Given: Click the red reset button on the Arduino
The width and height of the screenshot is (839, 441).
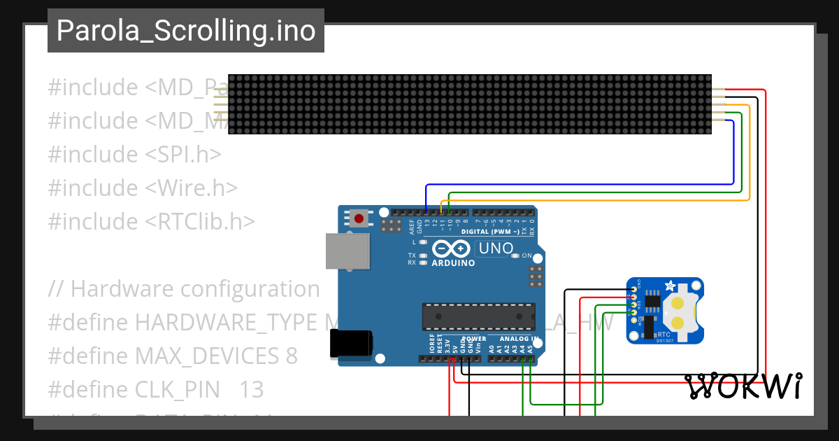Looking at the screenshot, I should (359, 218).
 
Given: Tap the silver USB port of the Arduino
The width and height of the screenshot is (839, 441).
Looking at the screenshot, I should (347, 251).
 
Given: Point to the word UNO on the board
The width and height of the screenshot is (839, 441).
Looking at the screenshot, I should (495, 248).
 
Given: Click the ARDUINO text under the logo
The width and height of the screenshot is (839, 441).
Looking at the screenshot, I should (453, 263).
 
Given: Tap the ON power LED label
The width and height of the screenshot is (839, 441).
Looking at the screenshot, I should (526, 255).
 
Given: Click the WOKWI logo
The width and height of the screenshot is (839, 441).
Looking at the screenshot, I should (743, 386).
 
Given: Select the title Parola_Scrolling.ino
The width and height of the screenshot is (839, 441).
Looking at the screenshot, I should (186, 31).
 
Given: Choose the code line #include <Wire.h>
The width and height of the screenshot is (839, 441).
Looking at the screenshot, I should (143, 188).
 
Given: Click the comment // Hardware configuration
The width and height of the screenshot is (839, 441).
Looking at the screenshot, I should (184, 288).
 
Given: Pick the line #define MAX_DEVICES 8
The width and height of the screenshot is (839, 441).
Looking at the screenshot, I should (173, 356).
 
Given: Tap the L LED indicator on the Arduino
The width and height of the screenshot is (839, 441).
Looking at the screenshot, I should (423, 241).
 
